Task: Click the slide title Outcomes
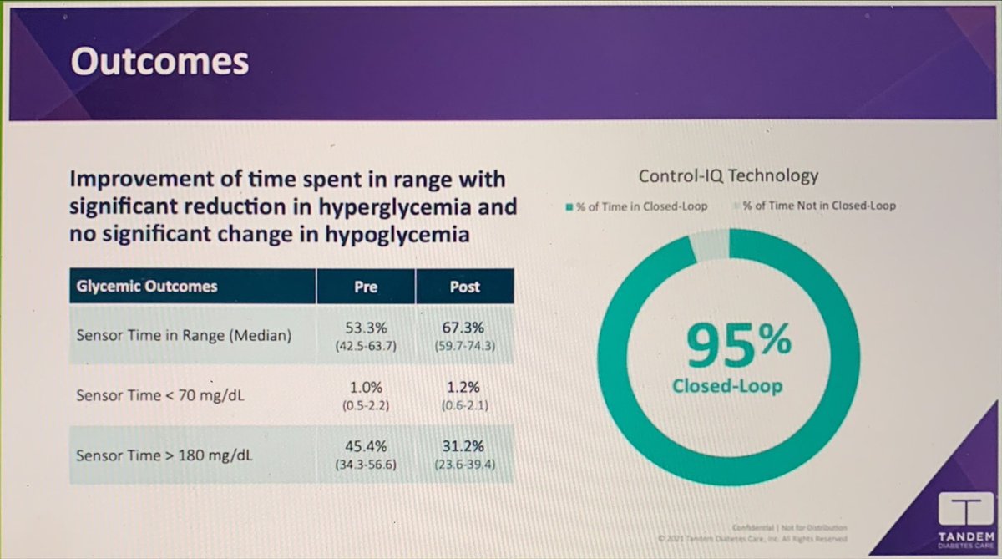159,63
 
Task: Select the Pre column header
366,287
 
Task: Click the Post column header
464,287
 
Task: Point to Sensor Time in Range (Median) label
183,336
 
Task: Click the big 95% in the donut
728,348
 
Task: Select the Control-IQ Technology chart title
728,176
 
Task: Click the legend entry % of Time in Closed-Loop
637,206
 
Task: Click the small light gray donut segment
710,246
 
